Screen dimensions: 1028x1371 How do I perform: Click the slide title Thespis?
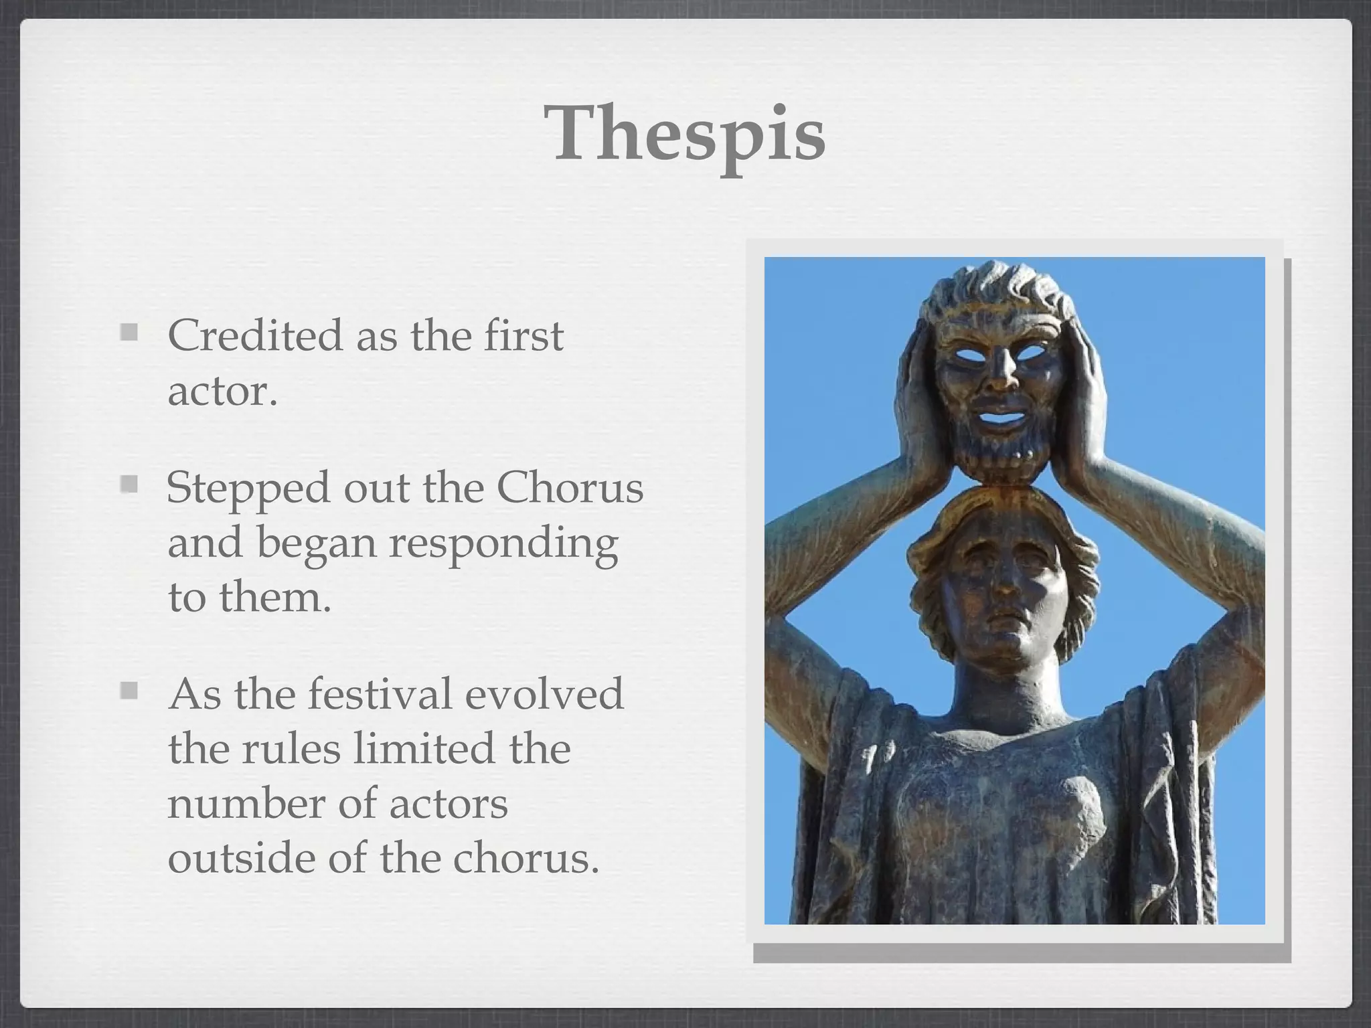685,135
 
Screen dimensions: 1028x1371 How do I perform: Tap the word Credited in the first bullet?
255,335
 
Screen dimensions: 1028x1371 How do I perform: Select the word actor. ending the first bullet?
222,391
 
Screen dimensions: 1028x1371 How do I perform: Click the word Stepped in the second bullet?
248,489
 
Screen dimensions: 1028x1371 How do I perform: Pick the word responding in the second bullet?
503,543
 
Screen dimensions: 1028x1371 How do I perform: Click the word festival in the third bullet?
380,694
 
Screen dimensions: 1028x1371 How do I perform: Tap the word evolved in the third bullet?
544,694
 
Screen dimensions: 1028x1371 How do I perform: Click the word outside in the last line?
241,859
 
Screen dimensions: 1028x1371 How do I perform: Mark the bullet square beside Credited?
129,333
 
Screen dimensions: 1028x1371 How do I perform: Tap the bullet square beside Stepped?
129,484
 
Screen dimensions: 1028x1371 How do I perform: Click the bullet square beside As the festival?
129,690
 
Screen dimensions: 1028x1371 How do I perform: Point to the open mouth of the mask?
1002,420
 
